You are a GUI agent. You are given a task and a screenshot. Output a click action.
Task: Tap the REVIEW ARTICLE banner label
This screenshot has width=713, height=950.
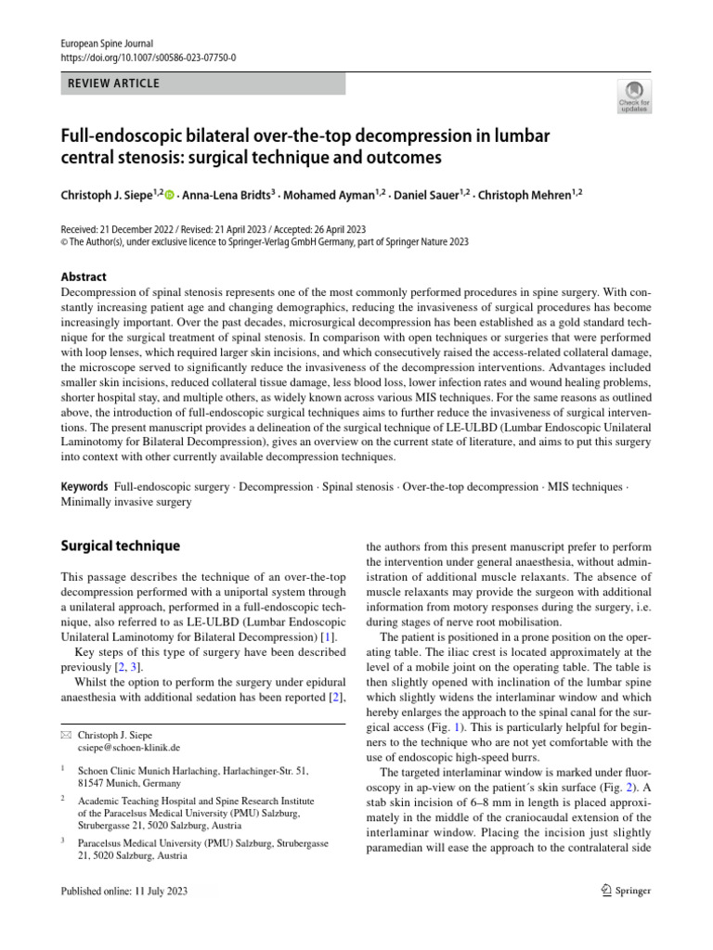(112, 83)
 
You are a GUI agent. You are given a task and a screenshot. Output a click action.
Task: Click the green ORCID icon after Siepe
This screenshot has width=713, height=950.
(170, 194)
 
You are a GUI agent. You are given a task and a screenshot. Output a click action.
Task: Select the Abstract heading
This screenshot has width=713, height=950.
(84, 276)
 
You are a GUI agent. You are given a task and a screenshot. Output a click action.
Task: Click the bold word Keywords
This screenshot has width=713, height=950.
(85, 487)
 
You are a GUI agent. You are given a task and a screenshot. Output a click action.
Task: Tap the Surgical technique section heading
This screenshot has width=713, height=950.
(120, 546)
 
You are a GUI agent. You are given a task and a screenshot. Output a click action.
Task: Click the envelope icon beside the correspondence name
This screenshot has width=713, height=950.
(64, 735)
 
